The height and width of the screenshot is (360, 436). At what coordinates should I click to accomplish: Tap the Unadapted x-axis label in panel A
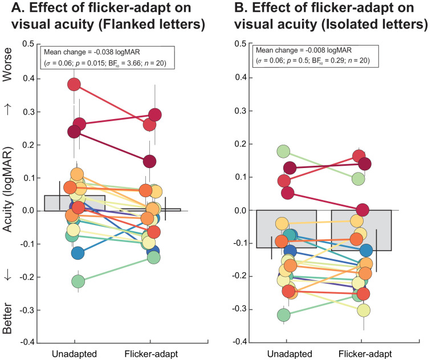coord(75,354)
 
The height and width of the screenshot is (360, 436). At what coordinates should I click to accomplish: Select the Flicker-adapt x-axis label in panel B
coord(365,354)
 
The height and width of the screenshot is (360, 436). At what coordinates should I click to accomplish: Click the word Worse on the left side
coord(7,64)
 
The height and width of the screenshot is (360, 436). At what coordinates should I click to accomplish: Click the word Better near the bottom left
coord(7,318)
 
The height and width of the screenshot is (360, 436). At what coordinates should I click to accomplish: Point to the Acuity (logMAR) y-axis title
coord(8,190)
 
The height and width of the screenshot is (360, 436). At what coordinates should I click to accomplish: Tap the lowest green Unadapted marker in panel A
coord(78,281)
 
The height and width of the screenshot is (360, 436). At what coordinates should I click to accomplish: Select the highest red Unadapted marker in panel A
coord(74,84)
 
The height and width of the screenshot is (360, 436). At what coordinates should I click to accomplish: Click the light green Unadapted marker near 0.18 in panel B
coord(284,152)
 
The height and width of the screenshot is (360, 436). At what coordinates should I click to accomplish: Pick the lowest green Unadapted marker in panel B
coord(284,315)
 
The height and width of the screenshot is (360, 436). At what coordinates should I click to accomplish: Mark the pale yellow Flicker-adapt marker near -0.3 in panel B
coord(364,310)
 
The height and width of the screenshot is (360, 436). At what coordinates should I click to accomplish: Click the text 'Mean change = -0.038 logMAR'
coord(92,52)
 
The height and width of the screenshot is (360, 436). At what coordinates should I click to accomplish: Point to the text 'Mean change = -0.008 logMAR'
coord(304,50)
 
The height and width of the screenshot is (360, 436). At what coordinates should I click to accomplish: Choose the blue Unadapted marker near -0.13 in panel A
coord(78,253)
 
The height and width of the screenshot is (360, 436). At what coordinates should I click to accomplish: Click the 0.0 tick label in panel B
coord(240,210)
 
